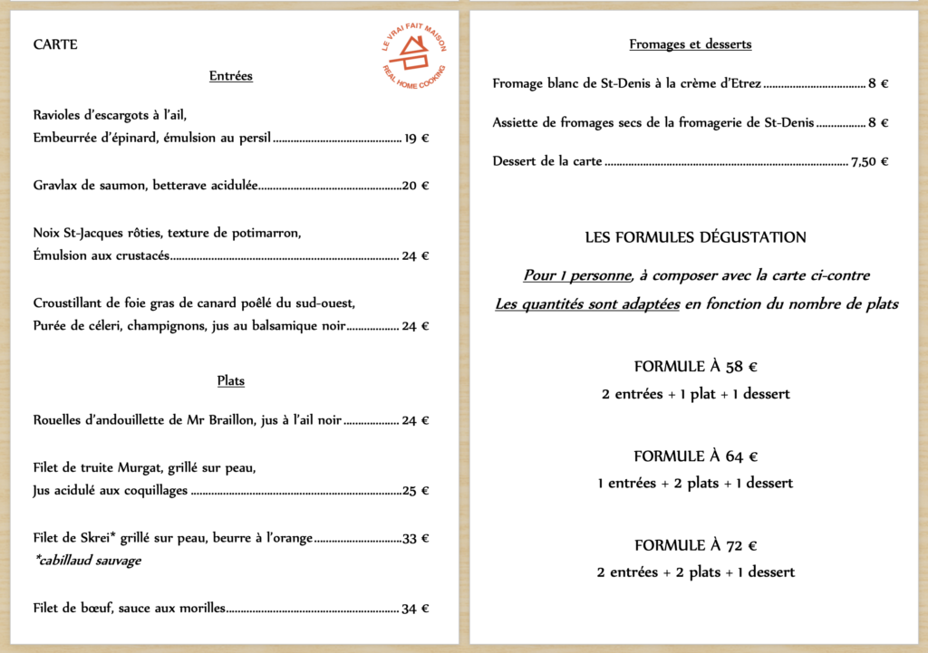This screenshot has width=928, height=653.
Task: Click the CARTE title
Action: (x=55, y=44)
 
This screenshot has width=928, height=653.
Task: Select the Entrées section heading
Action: (x=231, y=76)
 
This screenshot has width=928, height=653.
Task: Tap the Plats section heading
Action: (x=231, y=381)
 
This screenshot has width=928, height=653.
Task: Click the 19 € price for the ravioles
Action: (x=417, y=139)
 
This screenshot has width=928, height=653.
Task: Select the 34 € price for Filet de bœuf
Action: (x=416, y=609)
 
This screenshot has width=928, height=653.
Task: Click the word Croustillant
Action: (x=69, y=302)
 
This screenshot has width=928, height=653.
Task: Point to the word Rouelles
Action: (x=58, y=420)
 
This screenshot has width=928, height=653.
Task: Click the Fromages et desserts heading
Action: (x=691, y=44)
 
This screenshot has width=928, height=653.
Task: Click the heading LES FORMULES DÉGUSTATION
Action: (x=695, y=238)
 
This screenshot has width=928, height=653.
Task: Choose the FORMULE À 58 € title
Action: (x=695, y=367)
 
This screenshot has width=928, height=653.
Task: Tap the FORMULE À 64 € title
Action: (x=695, y=456)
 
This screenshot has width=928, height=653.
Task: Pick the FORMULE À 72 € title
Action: (x=695, y=545)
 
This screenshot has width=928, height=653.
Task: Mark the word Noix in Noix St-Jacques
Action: (x=47, y=233)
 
